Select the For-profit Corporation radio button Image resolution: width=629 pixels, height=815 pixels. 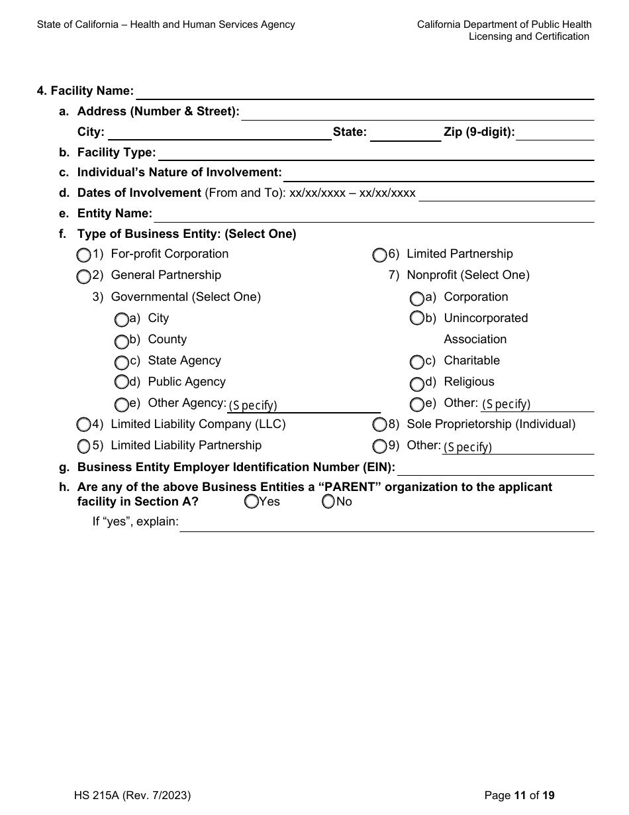tap(83, 255)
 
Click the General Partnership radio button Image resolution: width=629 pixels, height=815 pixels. tap(83, 276)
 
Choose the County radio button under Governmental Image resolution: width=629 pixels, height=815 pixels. tap(121, 342)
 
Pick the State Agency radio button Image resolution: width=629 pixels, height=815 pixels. tap(121, 362)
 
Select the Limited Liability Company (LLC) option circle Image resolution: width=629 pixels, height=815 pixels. tap(83, 424)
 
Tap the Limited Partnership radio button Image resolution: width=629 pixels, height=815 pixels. tap(379, 255)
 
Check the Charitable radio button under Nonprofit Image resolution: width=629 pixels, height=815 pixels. tap(416, 362)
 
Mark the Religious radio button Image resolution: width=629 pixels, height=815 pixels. tap(416, 384)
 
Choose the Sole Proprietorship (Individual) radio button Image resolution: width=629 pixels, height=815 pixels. tap(379, 424)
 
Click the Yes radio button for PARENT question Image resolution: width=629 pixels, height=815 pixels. tap(251, 502)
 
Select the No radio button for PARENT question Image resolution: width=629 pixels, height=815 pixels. tap(328, 502)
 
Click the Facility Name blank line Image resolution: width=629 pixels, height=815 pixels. tap(364, 93)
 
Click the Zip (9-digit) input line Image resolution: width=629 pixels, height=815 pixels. tap(555, 134)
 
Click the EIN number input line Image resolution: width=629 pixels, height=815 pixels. tap(495, 469)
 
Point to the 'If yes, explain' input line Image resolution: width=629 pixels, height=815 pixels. tap(387, 524)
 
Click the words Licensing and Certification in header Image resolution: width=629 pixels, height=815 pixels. tap(528, 36)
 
